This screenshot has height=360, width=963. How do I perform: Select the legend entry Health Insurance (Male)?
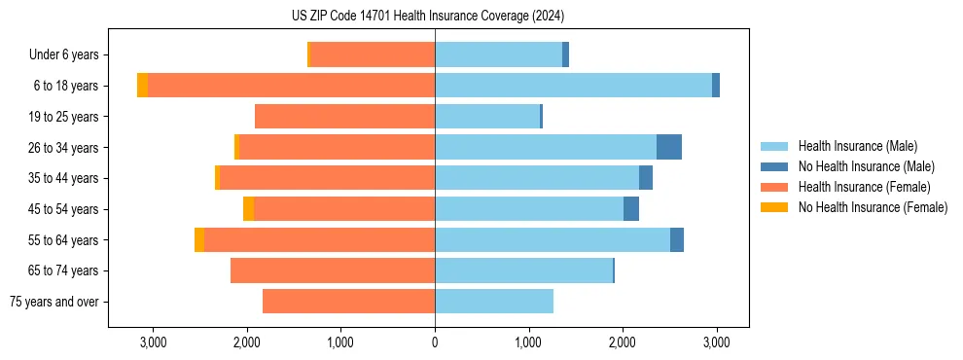click(x=857, y=147)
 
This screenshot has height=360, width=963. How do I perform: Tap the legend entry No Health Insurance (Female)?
click(x=873, y=207)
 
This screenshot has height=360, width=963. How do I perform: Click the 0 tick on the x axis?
click(x=435, y=343)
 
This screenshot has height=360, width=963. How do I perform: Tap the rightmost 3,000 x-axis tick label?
click(x=717, y=343)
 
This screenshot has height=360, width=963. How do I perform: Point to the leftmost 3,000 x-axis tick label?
click(x=153, y=343)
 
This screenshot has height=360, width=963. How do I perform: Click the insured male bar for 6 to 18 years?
click(x=574, y=86)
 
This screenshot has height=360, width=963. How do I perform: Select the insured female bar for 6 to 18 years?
click(x=292, y=86)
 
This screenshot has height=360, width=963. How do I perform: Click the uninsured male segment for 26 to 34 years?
click(x=669, y=147)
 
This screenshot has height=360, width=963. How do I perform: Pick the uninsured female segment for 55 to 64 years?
click(x=199, y=239)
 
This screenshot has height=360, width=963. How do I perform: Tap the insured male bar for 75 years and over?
click(x=494, y=302)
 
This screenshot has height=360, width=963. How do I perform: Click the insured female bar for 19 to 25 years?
click(x=345, y=117)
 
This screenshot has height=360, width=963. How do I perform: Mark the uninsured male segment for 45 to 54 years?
click(x=631, y=209)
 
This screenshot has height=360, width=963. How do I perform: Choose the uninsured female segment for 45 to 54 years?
click(x=249, y=209)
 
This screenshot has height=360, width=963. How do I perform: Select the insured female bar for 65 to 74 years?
click(x=333, y=270)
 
